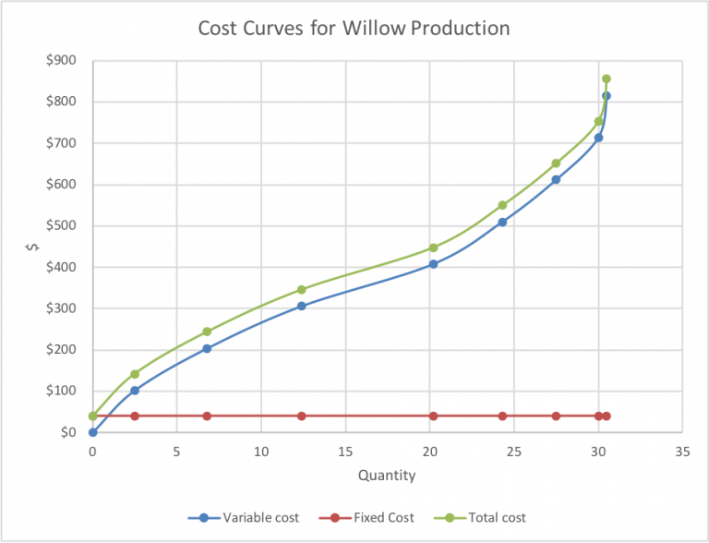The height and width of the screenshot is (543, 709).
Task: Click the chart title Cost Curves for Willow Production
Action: (354, 29)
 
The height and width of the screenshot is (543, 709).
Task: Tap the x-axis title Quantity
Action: (386, 477)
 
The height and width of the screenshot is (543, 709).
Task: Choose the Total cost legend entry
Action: (497, 517)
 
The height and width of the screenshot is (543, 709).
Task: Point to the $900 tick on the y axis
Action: (62, 61)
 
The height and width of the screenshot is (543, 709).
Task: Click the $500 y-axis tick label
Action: (62, 226)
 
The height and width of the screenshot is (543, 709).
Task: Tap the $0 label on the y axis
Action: (68, 432)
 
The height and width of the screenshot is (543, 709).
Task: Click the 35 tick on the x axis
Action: (682, 452)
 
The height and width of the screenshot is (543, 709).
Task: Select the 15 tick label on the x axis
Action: (345, 452)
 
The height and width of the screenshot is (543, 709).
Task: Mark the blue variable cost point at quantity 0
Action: (92, 432)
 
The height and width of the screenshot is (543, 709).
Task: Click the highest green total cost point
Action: (607, 79)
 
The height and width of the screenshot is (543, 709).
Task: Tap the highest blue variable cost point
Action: (607, 96)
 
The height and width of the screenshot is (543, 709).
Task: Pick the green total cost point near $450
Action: (433, 247)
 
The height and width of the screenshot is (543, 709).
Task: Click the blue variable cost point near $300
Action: (302, 306)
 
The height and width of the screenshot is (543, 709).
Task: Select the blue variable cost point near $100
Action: (135, 391)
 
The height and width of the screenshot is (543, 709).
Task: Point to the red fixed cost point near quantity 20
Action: (433, 416)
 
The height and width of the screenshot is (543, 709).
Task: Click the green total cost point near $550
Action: (502, 205)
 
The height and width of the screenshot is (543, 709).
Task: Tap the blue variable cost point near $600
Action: (556, 180)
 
